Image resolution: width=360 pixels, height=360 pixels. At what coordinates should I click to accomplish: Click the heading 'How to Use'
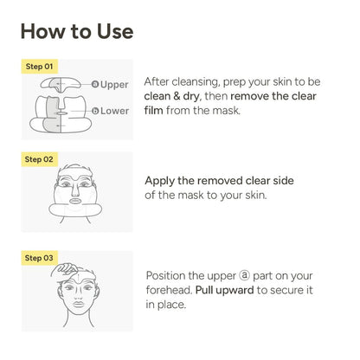[x=76, y=31]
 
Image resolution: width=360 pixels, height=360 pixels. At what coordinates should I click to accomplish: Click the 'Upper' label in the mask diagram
[x=113, y=85]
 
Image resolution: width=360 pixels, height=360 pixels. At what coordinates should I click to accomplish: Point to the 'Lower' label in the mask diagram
[x=113, y=112]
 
